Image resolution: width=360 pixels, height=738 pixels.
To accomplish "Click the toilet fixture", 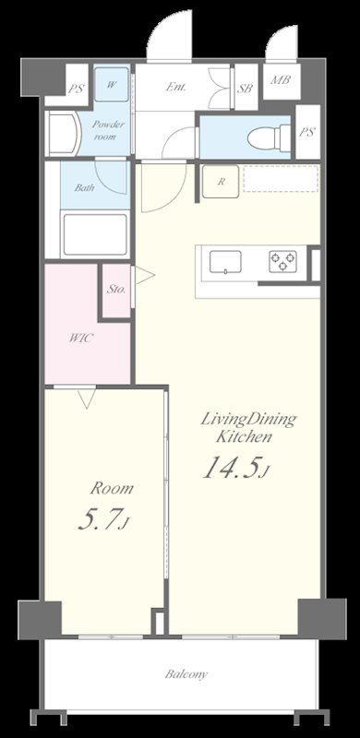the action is point(269,137).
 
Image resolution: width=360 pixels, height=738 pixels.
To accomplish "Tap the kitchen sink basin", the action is point(225,262).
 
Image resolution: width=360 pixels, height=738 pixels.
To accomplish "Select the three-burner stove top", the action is point(282,261).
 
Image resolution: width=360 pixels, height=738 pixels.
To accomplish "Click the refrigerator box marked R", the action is point(221,182).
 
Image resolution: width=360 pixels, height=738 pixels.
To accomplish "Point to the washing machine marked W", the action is point(111,85).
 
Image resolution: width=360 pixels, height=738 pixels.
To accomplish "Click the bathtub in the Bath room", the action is point(96,234).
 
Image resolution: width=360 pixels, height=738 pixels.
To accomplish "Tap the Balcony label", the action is point(186,674).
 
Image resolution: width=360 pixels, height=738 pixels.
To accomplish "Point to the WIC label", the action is point(80,338).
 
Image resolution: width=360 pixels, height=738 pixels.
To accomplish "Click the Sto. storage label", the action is point(116,289).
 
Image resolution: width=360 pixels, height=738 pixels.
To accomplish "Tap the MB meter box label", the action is point(280,79).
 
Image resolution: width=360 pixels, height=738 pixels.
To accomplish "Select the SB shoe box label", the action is point(245,88).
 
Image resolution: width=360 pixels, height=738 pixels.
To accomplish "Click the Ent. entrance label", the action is point(175,87).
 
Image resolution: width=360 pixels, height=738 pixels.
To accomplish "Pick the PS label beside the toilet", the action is point(306,132).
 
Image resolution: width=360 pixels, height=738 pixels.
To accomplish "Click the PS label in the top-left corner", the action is point(76,89).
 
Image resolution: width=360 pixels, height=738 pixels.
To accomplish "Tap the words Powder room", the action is point(108,130).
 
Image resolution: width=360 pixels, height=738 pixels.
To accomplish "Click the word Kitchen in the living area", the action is point(244,436).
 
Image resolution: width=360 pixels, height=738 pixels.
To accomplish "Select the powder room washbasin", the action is point(64,134).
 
